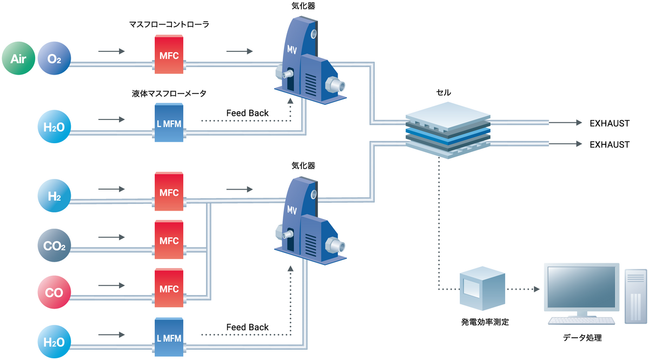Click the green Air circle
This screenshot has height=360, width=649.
click(x=19, y=58)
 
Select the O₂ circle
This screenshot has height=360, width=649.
click(x=55, y=58)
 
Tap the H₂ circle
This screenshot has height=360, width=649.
click(x=55, y=197)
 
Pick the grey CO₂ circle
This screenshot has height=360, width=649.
click(x=55, y=246)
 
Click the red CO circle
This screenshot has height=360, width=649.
click(x=55, y=292)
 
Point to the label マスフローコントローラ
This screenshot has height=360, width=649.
click(x=169, y=24)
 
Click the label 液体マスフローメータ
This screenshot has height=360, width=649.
click(x=169, y=94)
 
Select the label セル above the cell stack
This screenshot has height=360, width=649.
click(x=443, y=92)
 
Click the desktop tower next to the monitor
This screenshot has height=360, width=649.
click(x=635, y=296)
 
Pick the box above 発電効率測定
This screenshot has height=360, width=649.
click(x=482, y=290)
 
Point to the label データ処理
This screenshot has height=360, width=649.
click(x=582, y=338)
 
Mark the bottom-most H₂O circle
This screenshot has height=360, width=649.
click(x=55, y=341)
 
